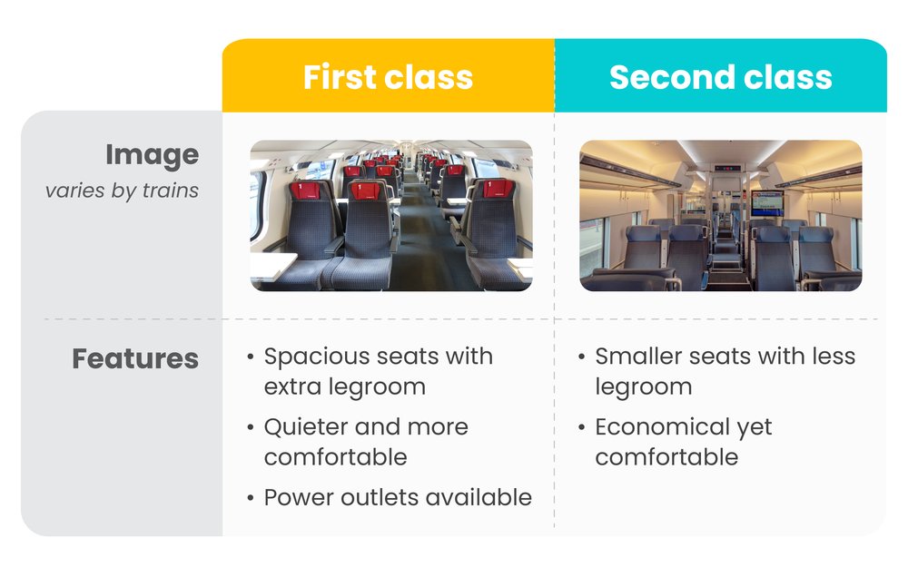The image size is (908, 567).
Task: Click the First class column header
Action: click(388, 77)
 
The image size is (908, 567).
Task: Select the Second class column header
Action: click(720, 77)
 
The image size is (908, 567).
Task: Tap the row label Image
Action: click(152, 155)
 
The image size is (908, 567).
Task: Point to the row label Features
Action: click(135, 358)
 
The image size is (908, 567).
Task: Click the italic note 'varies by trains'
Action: click(122, 191)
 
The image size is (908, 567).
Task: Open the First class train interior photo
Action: click(391, 216)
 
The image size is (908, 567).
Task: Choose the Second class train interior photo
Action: click(720, 216)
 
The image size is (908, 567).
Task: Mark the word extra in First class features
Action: click(292, 386)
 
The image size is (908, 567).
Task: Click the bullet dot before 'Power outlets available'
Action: click(251, 498)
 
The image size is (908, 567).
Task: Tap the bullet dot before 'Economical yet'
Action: click(582, 427)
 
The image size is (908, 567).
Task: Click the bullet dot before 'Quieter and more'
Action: click(251, 427)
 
